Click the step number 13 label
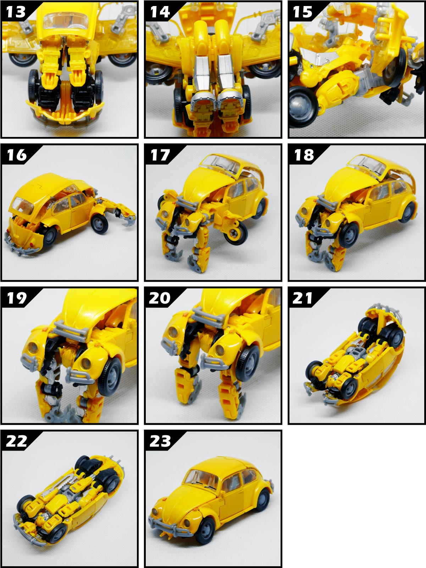(16, 12)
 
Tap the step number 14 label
(160, 12)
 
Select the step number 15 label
(302, 12)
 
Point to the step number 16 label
(17, 155)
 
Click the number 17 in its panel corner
(160, 155)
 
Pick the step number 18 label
(304, 155)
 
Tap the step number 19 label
(17, 298)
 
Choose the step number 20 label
(160, 298)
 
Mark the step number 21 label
(302, 298)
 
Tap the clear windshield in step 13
(66, 20)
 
